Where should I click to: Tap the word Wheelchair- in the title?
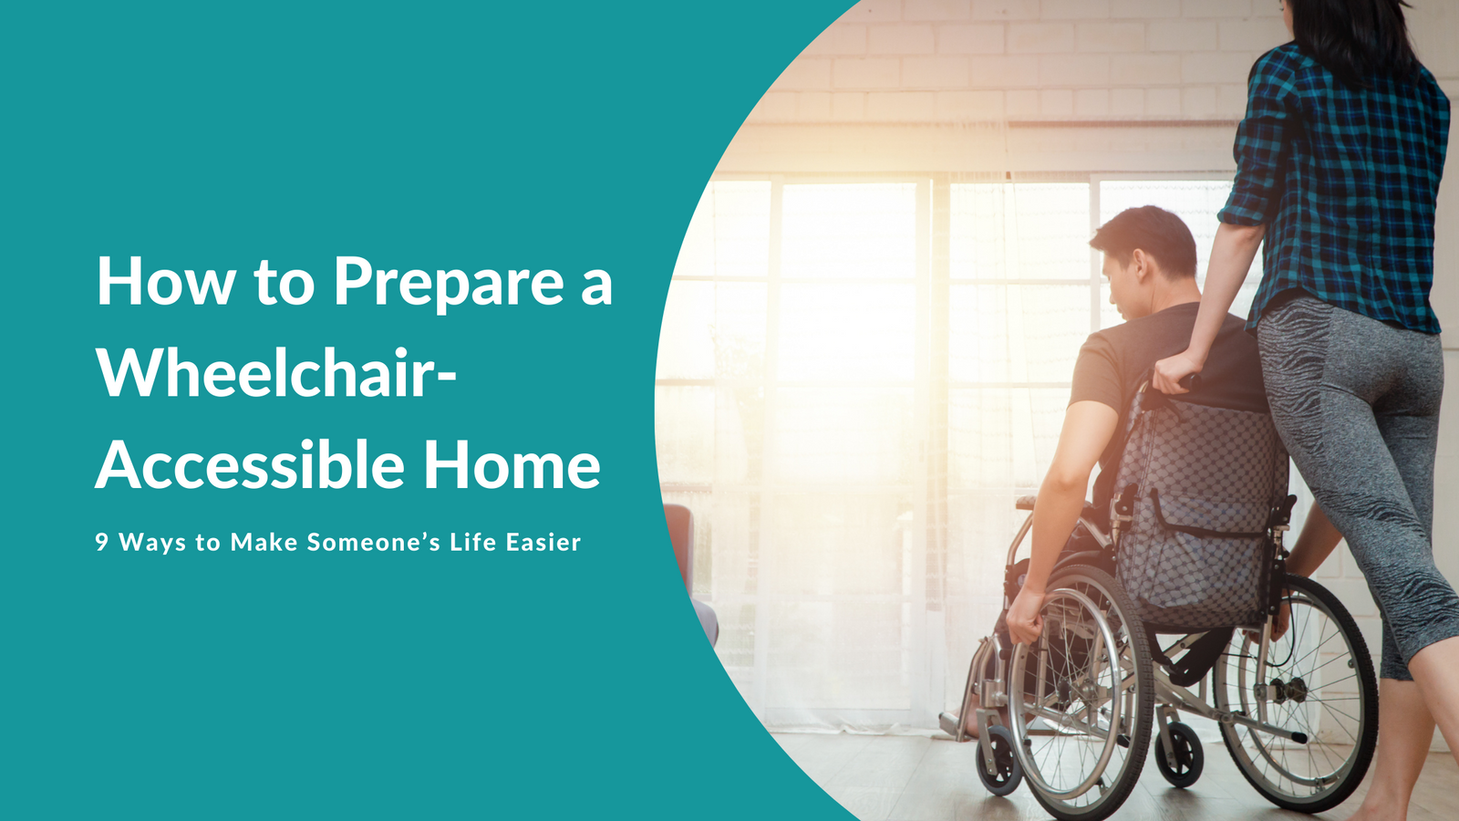point(277,373)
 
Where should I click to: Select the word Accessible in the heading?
point(250,464)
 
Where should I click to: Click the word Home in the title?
point(512,464)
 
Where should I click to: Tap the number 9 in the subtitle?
point(101,542)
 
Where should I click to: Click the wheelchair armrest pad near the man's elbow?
point(1025,503)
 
